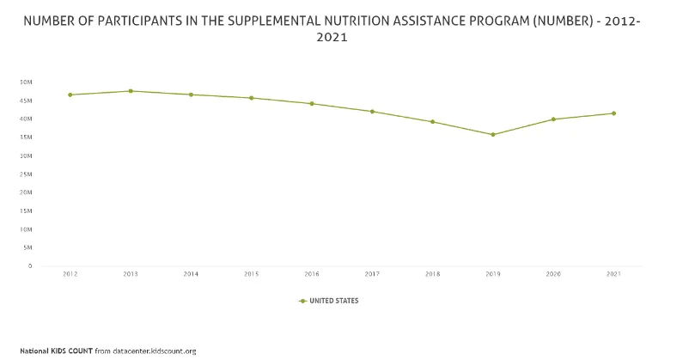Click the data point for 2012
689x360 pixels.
[70, 95]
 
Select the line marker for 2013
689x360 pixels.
[131, 91]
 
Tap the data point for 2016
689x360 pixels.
[312, 104]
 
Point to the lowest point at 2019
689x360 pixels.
[493, 134]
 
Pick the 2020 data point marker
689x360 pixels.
[553, 119]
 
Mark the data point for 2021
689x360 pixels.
[613, 113]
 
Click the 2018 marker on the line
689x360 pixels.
[432, 121]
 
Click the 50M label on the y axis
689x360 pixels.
[26, 82]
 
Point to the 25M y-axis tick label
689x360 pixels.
[26, 174]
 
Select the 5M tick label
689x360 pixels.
[27, 247]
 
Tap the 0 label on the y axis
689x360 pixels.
[30, 266]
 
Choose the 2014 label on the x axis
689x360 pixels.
[191, 274]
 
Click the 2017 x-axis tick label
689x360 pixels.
[372, 274]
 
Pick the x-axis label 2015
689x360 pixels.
[251, 274]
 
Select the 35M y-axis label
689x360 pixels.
[26, 137]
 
